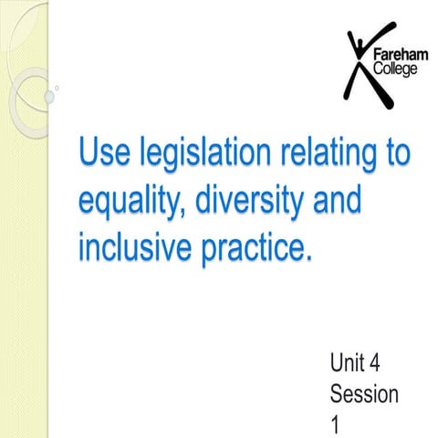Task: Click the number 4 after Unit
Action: [375, 365]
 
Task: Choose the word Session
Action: [364, 394]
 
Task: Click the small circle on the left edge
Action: [57, 89]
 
